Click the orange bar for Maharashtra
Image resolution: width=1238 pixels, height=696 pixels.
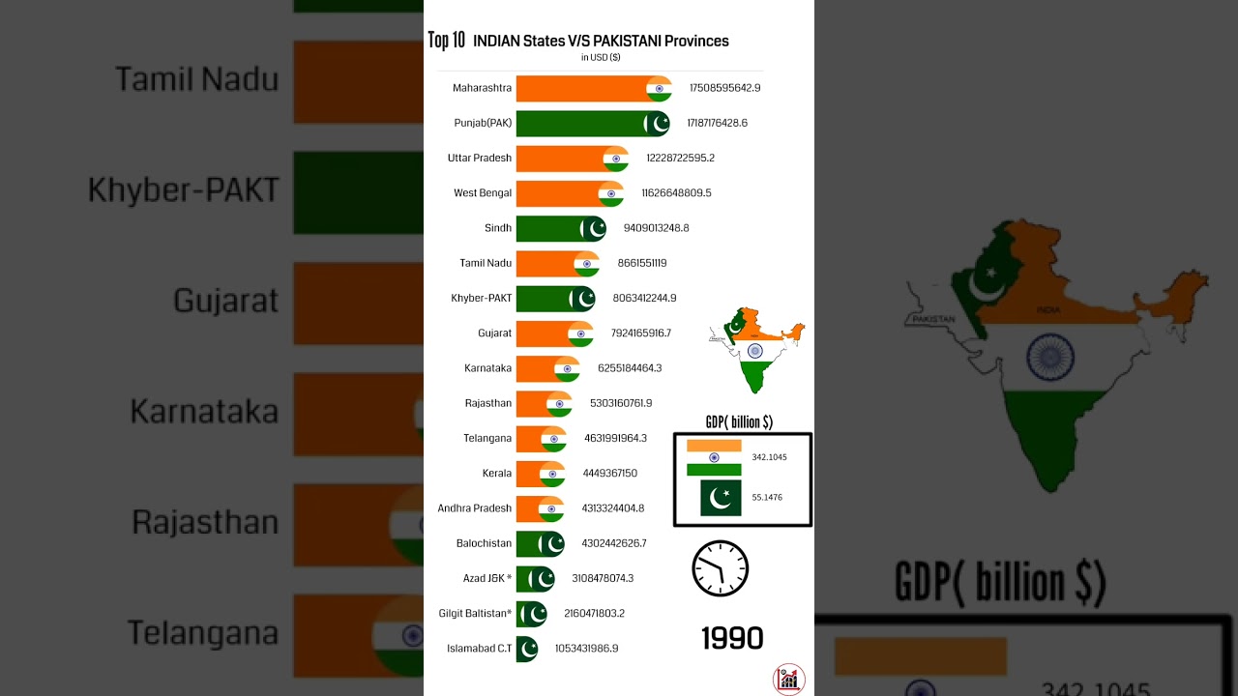580,88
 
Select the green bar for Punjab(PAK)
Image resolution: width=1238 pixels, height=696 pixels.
580,124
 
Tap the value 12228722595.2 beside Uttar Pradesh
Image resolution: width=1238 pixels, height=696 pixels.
680,158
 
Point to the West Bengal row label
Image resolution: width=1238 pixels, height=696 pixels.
483,193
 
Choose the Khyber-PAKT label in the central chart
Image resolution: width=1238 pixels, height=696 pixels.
481,298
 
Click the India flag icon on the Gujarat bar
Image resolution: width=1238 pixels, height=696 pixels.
580,333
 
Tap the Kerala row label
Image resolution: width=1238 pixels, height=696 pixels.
497,474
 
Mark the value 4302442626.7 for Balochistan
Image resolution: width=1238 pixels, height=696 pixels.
614,543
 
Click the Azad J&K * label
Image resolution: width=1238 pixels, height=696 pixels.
487,578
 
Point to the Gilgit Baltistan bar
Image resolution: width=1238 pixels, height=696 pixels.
531,613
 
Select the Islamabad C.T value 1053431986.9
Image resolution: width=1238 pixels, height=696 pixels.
586,648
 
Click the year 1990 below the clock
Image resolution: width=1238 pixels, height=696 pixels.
732,638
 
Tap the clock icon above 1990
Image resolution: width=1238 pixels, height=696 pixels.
721,568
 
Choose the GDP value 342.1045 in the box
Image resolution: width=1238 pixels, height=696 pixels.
769,457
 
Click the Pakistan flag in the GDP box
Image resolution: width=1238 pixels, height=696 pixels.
721,498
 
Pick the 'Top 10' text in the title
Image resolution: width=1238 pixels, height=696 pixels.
447,41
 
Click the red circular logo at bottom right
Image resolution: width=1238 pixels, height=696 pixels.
789,679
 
